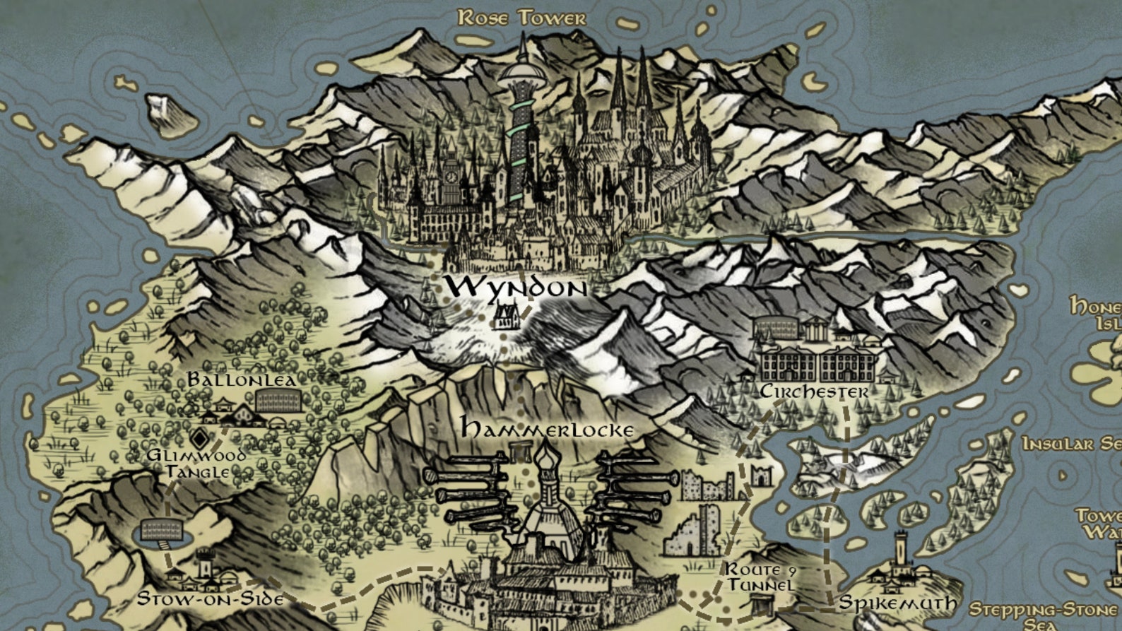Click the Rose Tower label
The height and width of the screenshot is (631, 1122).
522,17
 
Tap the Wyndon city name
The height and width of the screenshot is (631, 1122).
516,288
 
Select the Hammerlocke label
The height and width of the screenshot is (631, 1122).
547,427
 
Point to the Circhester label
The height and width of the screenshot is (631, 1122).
814,391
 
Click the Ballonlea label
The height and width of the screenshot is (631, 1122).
241,380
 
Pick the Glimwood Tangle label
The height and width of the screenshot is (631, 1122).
196,463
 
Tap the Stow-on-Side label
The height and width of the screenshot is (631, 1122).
210,598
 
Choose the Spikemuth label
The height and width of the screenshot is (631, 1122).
897,603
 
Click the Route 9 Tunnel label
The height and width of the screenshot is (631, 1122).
761,577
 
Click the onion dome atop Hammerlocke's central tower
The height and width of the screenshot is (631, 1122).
545,463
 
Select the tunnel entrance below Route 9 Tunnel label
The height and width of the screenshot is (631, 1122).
761,605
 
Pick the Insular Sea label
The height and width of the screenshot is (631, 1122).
1071,444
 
